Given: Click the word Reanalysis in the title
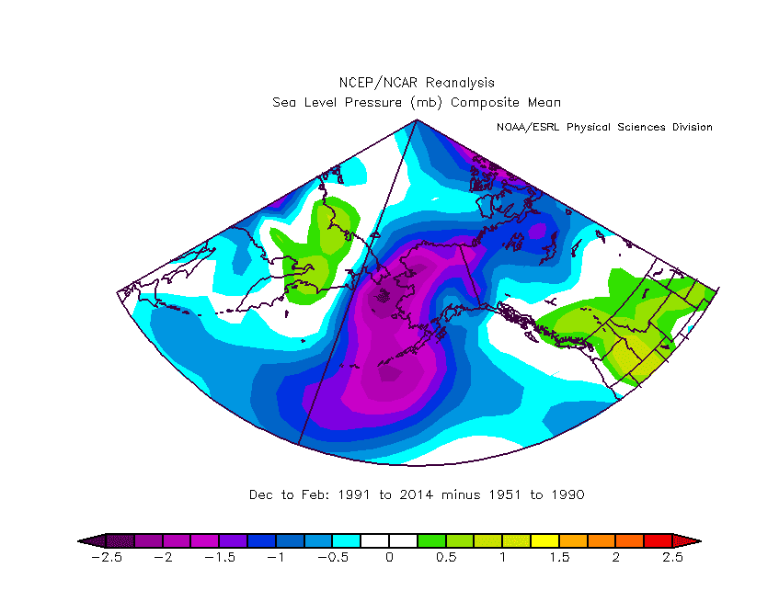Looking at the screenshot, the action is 460,83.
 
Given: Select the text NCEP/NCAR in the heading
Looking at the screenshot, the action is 378,83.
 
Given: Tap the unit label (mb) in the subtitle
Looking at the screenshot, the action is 426,102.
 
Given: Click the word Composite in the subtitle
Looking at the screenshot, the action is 485,102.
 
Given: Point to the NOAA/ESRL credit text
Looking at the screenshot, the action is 528,127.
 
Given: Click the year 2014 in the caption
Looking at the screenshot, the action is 417,494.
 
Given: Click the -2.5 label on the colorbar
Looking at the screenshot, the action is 107,557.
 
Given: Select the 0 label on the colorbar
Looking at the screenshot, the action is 389,557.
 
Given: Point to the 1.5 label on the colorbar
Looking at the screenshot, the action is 559,557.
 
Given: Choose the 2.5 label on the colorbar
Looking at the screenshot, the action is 672,557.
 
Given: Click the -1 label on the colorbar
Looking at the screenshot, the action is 276,557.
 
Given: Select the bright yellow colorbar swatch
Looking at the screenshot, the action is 545,541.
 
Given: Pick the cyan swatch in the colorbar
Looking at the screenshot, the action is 347,541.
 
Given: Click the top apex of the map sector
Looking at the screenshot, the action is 417,119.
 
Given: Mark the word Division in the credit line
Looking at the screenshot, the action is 692,127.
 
